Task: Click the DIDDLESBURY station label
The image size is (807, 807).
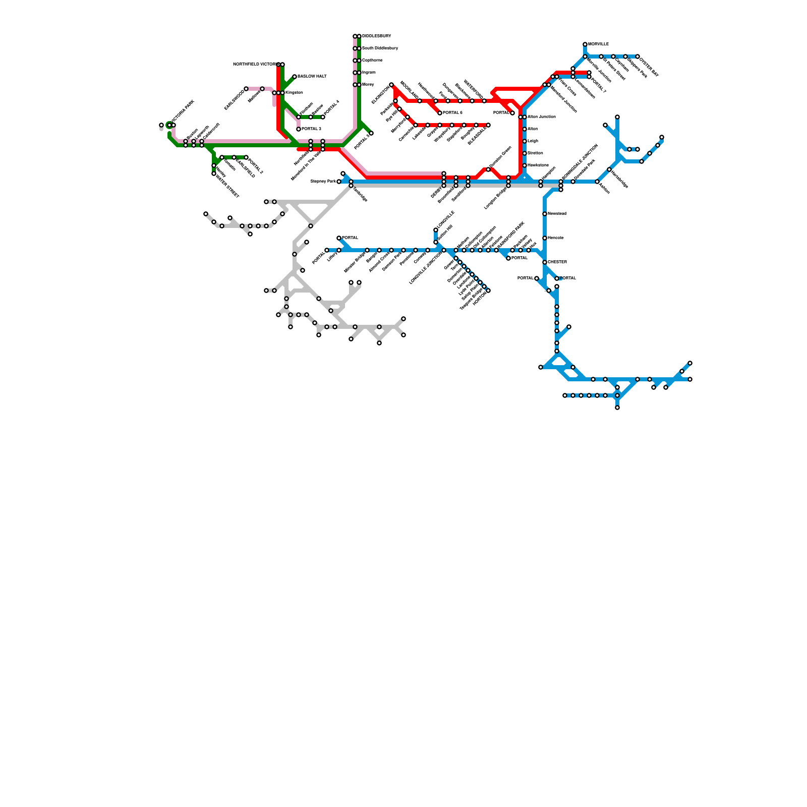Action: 376,36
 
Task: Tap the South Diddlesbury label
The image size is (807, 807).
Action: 380,48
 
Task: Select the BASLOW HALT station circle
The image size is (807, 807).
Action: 295,77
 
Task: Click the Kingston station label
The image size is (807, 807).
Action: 294,93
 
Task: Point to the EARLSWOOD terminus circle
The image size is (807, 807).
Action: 246,89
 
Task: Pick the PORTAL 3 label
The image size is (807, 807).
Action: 311,129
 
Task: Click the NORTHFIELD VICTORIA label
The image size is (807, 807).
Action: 254,65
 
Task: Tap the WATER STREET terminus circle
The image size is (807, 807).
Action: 214,174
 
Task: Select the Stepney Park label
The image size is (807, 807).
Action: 323,181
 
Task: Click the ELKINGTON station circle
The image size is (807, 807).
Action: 391,85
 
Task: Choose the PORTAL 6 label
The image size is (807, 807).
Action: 452,113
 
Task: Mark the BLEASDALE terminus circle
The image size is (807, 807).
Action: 488,125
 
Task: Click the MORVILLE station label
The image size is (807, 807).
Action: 598,44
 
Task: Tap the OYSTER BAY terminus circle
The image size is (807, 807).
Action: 638,56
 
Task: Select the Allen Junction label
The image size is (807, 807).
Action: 541,117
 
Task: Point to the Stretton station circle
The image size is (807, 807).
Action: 525,153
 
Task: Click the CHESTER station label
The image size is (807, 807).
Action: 557,262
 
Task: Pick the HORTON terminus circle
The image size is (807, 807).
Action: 488,291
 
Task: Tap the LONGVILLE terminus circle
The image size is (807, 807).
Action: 436,230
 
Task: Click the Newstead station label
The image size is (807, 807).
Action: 557,214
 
